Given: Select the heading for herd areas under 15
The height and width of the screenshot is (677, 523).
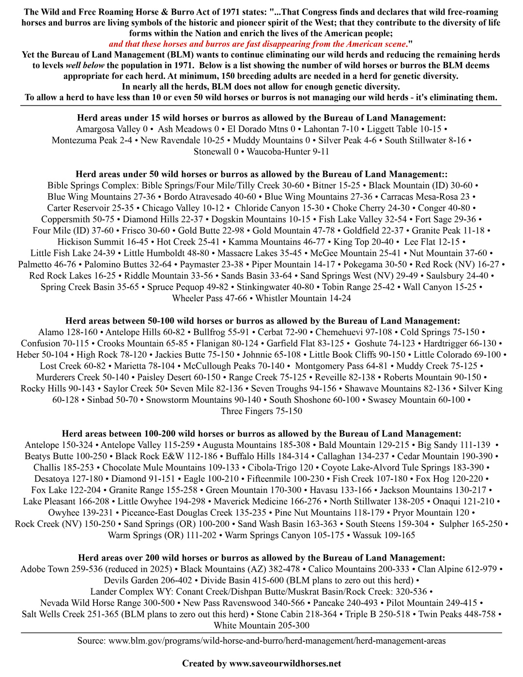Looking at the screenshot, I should (x=261, y=118).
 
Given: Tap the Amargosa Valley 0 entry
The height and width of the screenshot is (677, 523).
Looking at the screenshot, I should (x=111, y=129).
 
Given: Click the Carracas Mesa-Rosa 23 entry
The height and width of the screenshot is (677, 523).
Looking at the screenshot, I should (x=425, y=197).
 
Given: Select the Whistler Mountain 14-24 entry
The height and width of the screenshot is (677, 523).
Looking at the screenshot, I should (x=303, y=298).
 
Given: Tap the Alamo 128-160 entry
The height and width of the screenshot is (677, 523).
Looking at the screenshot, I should (x=68, y=332).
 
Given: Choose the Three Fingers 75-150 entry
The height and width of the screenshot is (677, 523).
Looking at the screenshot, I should (x=261, y=411).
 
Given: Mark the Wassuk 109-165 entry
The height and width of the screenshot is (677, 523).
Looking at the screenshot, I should (x=384, y=535).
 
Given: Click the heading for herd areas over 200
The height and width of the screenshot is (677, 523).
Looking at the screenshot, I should (x=261, y=558).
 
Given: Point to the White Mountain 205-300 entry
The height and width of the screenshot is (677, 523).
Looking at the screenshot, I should (x=261, y=626).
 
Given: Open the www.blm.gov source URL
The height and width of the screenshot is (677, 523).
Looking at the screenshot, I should (x=277, y=641).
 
